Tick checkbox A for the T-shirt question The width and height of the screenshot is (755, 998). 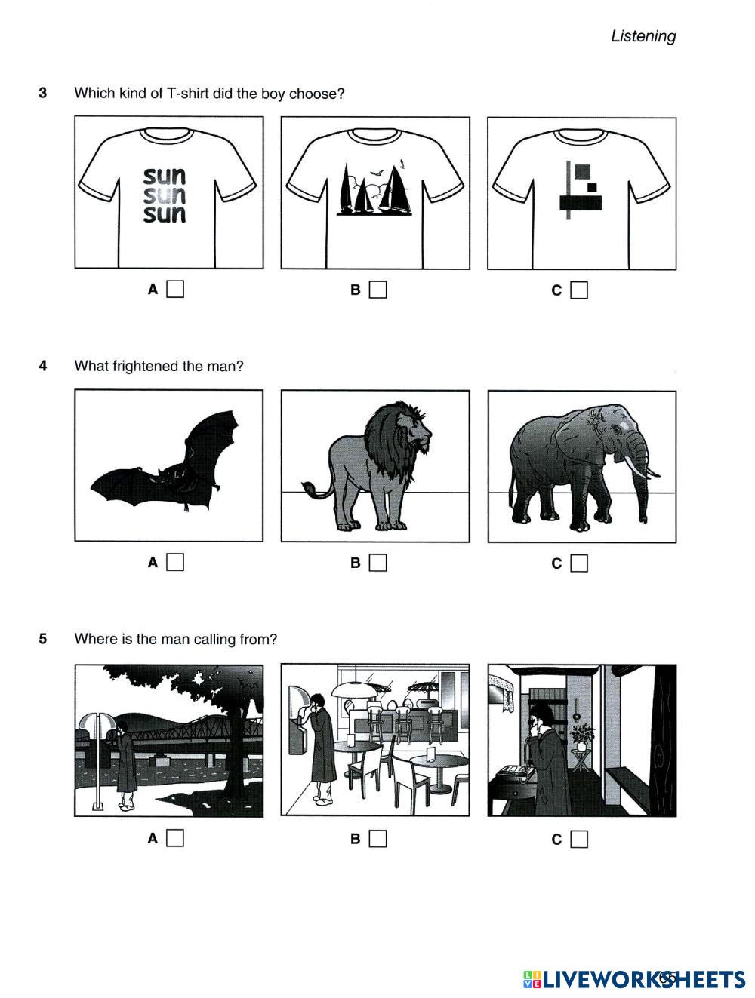[x=174, y=289]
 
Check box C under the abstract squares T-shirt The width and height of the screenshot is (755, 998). [x=578, y=290]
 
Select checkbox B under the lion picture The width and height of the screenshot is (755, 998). [x=377, y=563]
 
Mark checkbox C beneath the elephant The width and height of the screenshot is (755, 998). [x=578, y=563]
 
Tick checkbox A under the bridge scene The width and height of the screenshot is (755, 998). [x=174, y=838]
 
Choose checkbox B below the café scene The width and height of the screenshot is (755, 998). [x=377, y=839]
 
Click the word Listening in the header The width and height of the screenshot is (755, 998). [x=643, y=36]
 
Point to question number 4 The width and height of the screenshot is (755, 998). [x=43, y=366]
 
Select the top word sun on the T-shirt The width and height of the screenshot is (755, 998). [x=165, y=177]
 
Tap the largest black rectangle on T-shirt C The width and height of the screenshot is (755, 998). [x=581, y=203]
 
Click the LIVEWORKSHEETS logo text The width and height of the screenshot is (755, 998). [x=635, y=979]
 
